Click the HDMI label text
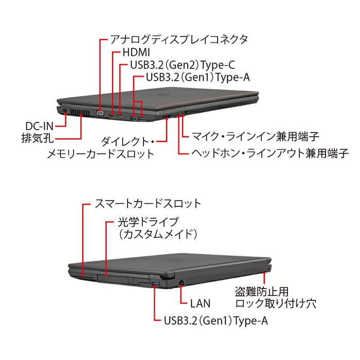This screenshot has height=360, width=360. [136, 52]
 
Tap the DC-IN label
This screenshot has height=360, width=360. [39, 126]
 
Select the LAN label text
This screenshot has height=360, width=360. [200, 303]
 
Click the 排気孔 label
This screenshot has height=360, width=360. [38, 138]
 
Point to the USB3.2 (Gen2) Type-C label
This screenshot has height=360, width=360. [183, 65]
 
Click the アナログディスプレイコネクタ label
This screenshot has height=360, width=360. [179, 39]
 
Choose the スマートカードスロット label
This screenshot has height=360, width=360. [148, 204]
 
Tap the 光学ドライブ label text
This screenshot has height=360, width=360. [148, 222]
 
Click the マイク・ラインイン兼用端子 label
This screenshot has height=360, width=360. [255, 136]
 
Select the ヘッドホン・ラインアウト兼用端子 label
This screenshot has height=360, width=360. [270, 153]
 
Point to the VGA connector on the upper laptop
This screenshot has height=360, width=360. [100, 113]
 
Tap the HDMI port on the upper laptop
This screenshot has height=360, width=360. [112, 116]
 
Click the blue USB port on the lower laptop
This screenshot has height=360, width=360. [155, 285]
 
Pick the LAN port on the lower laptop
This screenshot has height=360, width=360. [181, 283]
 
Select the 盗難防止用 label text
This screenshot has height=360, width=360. [261, 292]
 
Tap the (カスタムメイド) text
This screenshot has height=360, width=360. [158, 234]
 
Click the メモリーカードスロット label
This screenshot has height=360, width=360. [101, 154]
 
